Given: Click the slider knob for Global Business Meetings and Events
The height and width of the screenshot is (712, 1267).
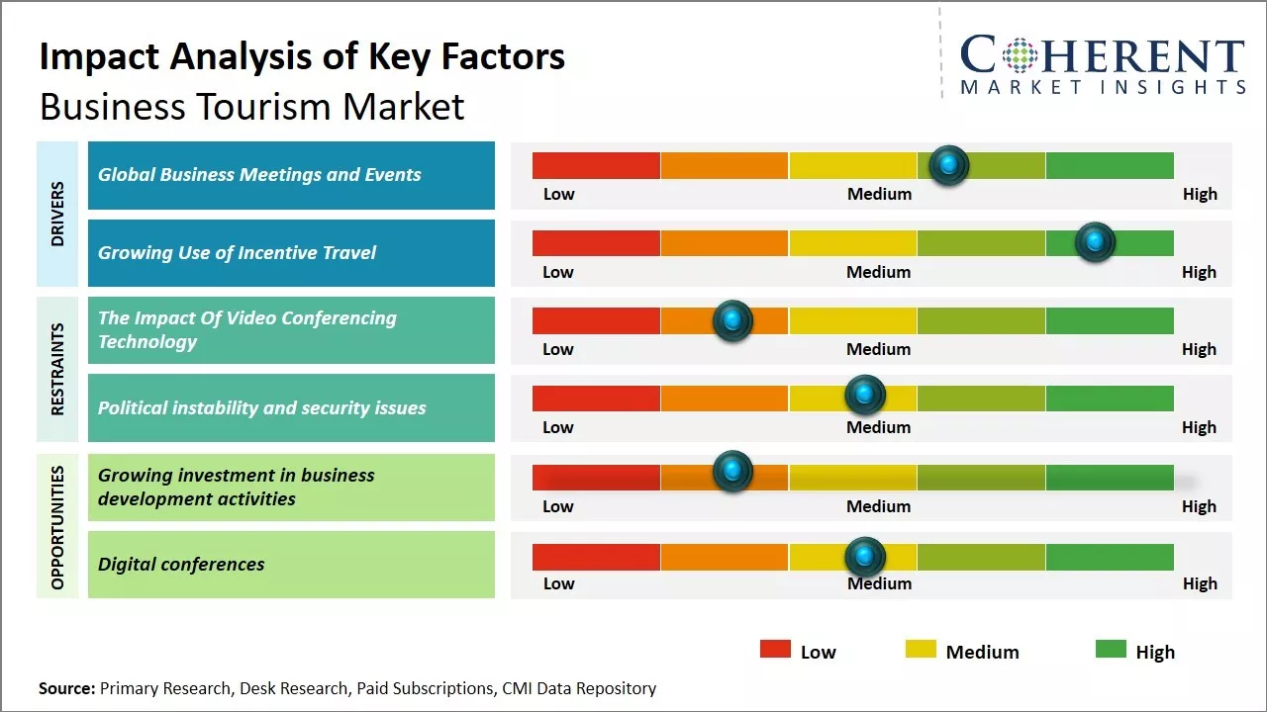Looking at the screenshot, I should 949,165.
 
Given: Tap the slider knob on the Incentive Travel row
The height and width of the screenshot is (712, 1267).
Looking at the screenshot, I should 1095,242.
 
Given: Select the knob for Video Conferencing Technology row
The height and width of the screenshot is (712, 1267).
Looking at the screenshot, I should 732,319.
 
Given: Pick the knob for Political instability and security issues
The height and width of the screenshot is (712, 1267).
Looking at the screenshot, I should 865,395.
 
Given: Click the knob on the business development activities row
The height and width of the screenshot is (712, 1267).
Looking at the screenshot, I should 732,472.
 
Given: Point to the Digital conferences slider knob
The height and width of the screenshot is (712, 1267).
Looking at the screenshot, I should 865,557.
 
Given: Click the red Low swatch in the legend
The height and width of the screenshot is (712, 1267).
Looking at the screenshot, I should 775,649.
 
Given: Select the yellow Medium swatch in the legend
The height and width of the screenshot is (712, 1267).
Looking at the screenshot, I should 921,649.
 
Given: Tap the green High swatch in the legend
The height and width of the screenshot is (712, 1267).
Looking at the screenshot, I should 1111,649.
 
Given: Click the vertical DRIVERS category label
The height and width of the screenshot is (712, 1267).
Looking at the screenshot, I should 57,214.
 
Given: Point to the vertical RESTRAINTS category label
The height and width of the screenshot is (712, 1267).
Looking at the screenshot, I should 57,369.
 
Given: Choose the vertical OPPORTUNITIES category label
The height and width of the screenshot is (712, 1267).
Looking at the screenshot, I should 57,527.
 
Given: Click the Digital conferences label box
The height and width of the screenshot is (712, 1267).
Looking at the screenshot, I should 291,565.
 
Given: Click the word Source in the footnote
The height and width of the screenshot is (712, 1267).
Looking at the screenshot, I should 66,688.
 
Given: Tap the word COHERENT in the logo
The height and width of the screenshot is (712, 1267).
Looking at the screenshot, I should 1103,55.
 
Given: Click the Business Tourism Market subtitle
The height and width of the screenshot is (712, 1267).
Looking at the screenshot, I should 251,106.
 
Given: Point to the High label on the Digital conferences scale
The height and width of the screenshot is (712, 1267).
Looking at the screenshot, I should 1200,583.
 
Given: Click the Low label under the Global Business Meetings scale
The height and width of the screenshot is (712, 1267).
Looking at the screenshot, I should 558,194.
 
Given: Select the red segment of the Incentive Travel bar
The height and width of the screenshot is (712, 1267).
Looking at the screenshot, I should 596,242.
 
